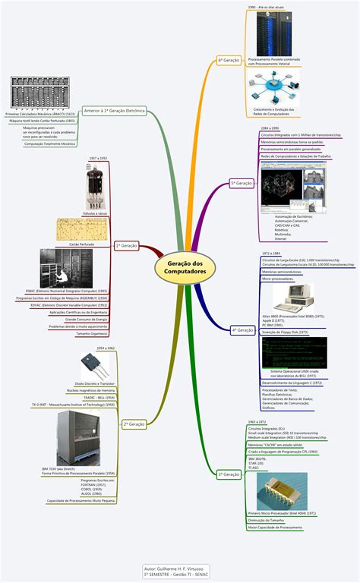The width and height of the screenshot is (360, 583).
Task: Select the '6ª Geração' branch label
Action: (x=229, y=58)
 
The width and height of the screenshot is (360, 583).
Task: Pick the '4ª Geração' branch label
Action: (x=242, y=329)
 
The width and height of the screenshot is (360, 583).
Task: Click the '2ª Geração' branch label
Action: (x=134, y=424)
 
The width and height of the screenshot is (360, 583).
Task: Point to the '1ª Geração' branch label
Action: (x=125, y=246)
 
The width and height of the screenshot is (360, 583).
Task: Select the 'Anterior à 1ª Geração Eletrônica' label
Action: (x=113, y=111)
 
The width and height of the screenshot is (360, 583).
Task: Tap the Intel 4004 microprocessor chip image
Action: (x=281, y=491)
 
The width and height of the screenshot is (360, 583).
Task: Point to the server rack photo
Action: (x=274, y=35)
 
